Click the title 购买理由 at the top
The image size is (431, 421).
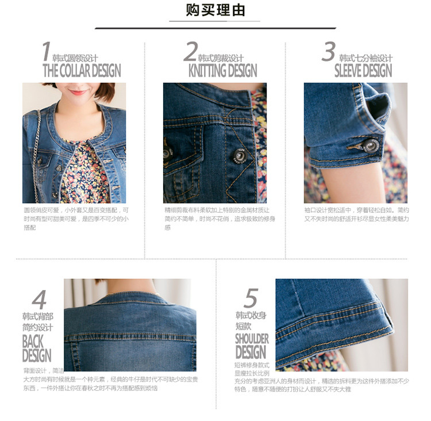point(215,10)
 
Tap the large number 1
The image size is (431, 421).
point(46,52)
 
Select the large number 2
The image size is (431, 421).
point(190,52)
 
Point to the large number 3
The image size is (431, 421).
point(328,52)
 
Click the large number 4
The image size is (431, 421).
point(39,300)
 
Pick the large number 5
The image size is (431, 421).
point(251,298)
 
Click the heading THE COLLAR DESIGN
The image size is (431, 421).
point(82,71)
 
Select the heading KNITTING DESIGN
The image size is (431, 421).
point(222,71)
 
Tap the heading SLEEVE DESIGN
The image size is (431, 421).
point(363,71)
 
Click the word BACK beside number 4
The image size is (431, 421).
point(33,341)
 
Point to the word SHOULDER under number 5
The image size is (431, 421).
point(252,338)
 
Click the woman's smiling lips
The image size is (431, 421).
point(77,93)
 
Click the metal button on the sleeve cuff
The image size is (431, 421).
point(371,146)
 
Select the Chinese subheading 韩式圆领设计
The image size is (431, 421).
point(75,59)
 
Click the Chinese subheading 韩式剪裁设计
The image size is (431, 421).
point(221,59)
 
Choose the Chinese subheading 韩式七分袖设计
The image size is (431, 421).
point(365,59)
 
